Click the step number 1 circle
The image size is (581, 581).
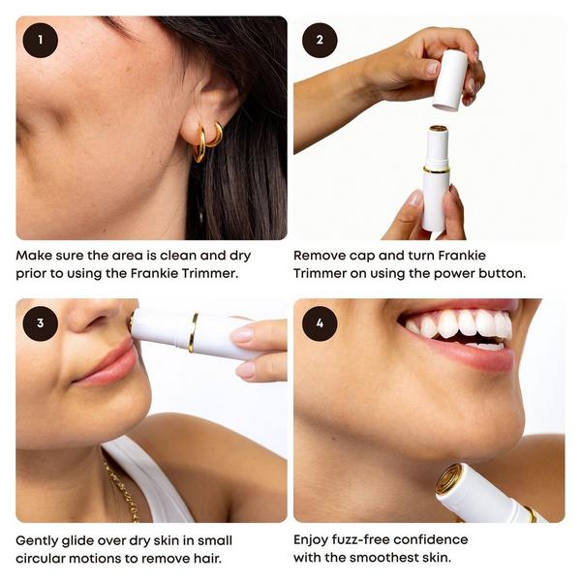41,41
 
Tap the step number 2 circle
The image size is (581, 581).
320,41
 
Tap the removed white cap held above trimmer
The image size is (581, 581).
449,79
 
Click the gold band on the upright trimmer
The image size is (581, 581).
436,169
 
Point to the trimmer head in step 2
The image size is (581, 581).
438,130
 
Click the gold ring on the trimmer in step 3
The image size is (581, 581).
194,332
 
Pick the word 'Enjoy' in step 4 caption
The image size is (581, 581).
316,539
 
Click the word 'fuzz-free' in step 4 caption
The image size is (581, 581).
380,539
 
